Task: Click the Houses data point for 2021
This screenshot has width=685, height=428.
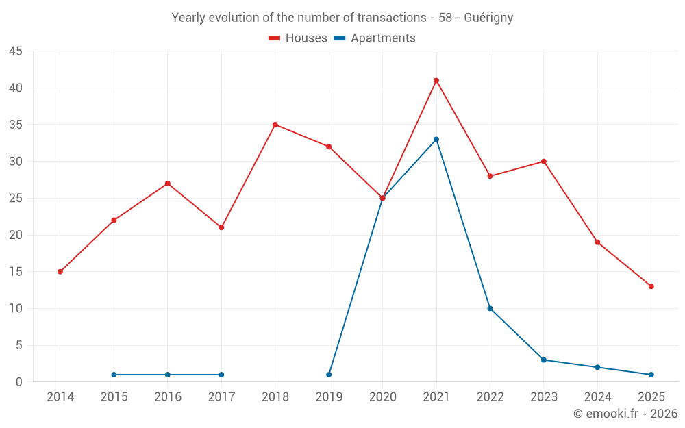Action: pyautogui.click(x=436, y=81)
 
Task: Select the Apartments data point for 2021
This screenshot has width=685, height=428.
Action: pyautogui.click(x=436, y=140)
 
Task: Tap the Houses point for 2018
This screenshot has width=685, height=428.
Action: pyautogui.click(x=275, y=125)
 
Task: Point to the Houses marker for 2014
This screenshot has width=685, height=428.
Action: pyautogui.click(x=60, y=272)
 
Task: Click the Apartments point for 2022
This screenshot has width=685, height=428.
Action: pyautogui.click(x=490, y=308)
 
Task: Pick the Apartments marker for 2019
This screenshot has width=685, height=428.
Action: pyautogui.click(x=329, y=375)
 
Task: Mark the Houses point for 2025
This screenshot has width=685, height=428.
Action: pyautogui.click(x=651, y=286)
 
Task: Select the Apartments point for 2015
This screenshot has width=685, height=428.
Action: pyautogui.click(x=114, y=375)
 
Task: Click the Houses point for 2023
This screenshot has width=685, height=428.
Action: pyautogui.click(x=543, y=162)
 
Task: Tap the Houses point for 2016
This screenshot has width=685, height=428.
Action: pyautogui.click(x=168, y=184)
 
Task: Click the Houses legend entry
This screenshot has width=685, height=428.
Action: pyautogui.click(x=298, y=38)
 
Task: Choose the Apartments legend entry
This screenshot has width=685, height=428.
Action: pyautogui.click(x=375, y=38)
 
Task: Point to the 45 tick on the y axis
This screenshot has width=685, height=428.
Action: pyautogui.click(x=16, y=51)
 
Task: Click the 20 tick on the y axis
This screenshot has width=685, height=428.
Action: pyautogui.click(x=16, y=235)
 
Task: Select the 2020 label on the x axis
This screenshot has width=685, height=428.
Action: pyautogui.click(x=382, y=397)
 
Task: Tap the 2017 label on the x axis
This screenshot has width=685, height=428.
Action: pyautogui.click(x=221, y=397)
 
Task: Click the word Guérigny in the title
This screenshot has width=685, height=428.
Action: pyautogui.click(x=488, y=18)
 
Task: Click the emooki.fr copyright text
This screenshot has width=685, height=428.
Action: pyautogui.click(x=625, y=414)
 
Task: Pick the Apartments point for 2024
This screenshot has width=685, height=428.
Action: pyautogui.click(x=597, y=367)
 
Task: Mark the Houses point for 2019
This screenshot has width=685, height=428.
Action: pyautogui.click(x=329, y=147)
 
